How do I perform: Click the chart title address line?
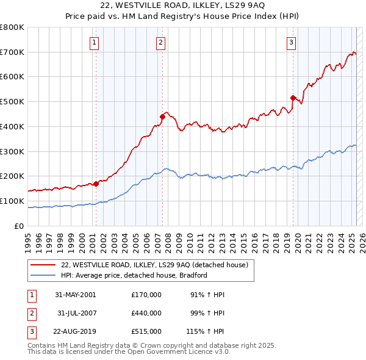(183, 6)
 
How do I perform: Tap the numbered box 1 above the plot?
(95, 42)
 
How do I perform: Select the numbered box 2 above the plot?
(160, 42)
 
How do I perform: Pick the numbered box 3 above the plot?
(292, 42)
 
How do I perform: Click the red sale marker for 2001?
(96, 183)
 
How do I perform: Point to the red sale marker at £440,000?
(163, 116)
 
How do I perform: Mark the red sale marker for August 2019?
(293, 98)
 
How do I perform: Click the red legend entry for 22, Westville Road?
(154, 265)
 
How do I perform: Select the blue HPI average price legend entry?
(134, 275)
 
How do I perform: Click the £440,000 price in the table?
(146, 313)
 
